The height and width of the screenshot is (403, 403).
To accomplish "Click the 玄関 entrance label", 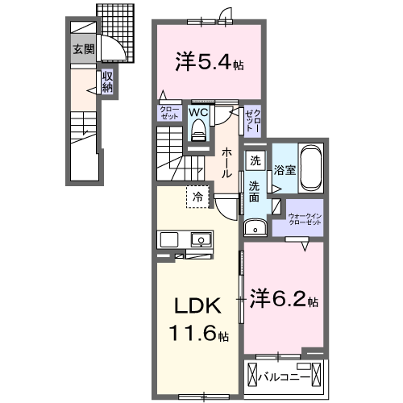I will (x=83, y=48).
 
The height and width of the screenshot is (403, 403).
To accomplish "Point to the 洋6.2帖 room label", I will (x=283, y=300).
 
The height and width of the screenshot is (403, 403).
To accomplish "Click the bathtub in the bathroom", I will (x=310, y=168).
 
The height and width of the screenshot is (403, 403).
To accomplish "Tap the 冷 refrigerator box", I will (x=197, y=196).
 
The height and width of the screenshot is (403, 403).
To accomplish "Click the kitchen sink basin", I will (x=200, y=239).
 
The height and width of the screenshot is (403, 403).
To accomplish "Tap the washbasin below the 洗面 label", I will (x=255, y=227).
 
